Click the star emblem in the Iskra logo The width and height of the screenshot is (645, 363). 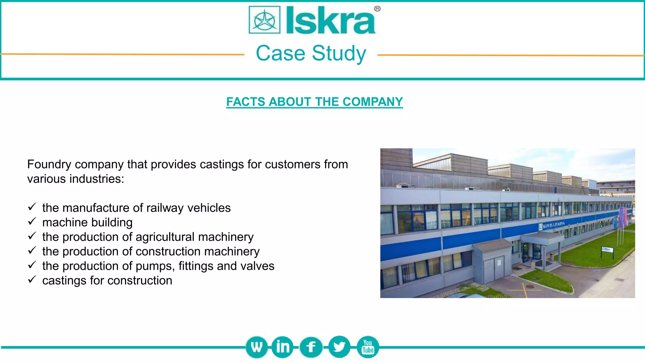point(265,20)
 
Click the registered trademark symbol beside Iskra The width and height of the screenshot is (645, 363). point(377,9)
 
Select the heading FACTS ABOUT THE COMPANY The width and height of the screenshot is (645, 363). point(314,102)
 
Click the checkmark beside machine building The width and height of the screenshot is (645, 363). point(32,222)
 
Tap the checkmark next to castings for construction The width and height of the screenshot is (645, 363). point(32,279)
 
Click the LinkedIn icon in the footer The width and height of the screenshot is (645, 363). point(282,347)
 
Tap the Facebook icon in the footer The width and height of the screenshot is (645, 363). point(311,347)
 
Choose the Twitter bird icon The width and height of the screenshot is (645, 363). point(339,347)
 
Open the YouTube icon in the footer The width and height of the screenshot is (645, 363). point(368,347)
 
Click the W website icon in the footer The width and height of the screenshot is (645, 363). point(257,347)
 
